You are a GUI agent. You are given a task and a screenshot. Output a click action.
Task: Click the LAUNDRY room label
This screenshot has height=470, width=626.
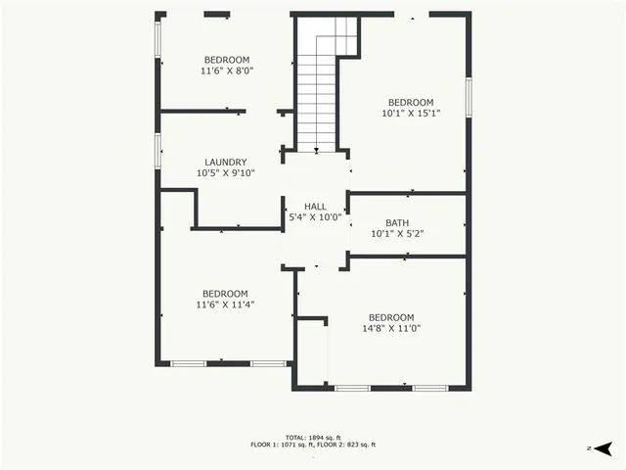pos(225,163)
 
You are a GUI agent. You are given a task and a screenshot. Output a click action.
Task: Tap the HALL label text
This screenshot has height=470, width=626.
pos(315,207)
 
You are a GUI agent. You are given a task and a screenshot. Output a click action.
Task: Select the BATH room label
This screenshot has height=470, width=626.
pos(397,223)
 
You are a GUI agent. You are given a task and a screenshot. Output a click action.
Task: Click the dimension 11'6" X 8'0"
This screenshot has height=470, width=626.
pos(227,71)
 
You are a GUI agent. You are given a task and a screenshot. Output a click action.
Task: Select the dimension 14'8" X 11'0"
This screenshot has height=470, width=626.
pos(391,329)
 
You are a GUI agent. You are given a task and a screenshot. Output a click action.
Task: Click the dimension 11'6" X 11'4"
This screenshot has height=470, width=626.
pos(225,305)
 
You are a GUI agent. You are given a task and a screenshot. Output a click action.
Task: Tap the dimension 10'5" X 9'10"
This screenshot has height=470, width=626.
pos(225,174)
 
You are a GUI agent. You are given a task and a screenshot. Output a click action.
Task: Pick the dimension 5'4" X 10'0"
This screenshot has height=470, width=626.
pos(315,218)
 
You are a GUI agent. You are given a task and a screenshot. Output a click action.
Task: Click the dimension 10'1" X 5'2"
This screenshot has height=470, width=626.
pos(397,235)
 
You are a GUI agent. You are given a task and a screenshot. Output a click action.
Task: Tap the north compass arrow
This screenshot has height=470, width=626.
pos(603,447)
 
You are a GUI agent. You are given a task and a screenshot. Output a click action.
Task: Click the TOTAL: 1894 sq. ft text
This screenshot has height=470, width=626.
pos(313,437)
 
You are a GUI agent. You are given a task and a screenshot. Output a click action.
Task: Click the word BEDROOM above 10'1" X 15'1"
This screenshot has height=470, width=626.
pos(411,103)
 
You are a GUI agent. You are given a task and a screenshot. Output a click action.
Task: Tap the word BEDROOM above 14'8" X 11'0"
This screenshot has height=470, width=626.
pos(391,317)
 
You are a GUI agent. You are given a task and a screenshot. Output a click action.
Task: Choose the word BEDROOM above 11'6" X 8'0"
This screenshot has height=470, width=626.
pos(227,60)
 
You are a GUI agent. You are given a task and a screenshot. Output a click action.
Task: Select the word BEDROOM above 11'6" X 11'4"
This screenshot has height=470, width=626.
pos(225,294)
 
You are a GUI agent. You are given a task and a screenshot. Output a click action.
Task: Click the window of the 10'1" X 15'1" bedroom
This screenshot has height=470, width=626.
pos(469,98)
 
